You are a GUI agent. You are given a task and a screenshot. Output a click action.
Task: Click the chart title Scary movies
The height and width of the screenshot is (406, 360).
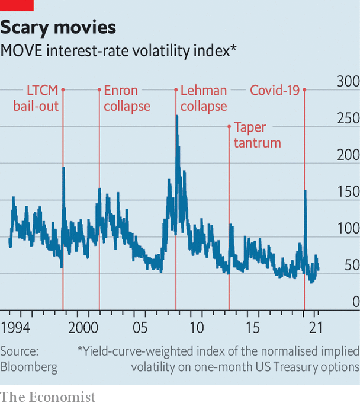58,27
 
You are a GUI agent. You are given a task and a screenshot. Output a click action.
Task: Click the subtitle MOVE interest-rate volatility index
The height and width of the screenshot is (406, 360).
118,50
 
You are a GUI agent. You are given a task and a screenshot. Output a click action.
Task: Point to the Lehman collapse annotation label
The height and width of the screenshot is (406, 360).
204,98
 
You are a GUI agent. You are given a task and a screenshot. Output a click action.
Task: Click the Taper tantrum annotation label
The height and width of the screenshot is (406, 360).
257,135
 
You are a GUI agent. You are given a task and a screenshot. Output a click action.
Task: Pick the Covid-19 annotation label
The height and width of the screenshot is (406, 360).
275,90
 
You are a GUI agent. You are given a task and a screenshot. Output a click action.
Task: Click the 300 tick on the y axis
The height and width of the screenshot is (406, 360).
348,82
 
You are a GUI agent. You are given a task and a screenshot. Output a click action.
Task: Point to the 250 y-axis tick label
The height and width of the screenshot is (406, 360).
348,119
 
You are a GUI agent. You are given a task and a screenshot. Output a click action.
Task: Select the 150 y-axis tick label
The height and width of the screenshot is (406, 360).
348,192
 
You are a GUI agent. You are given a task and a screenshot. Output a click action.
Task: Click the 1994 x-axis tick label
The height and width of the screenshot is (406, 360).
15,327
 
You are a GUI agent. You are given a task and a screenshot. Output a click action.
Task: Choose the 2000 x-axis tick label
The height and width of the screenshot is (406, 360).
83,327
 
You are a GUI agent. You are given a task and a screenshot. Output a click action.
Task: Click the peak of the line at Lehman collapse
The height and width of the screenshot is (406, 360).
176,116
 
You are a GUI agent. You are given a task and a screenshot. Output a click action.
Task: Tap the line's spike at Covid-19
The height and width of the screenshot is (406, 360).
305,191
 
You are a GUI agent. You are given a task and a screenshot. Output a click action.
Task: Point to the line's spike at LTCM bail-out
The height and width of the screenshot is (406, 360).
63,168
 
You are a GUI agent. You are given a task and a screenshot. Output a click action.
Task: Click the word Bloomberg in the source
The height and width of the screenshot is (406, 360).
29,367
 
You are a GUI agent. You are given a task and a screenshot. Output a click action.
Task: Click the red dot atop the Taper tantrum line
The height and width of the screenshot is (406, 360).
229,126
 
